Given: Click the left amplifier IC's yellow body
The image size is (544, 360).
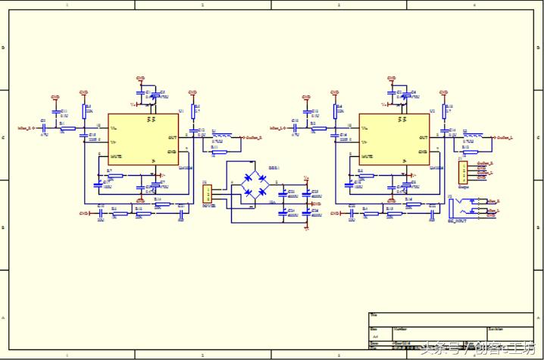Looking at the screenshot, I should [143, 139].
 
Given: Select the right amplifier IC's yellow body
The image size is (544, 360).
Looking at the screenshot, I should [394, 139].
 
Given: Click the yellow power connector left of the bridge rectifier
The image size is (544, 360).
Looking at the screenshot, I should [206, 194].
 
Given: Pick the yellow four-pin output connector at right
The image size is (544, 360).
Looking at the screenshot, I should [462, 173].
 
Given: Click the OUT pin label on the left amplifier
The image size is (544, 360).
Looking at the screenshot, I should [173, 137].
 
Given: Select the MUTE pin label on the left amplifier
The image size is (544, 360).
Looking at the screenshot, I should [116, 156].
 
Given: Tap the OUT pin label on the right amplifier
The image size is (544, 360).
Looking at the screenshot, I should [424, 137].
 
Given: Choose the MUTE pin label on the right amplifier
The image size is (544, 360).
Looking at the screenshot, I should [367, 156].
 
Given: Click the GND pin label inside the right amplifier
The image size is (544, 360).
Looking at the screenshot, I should [423, 151].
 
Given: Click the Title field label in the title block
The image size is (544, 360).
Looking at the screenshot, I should [374, 315].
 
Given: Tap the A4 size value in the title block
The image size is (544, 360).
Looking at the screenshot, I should [374, 336].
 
